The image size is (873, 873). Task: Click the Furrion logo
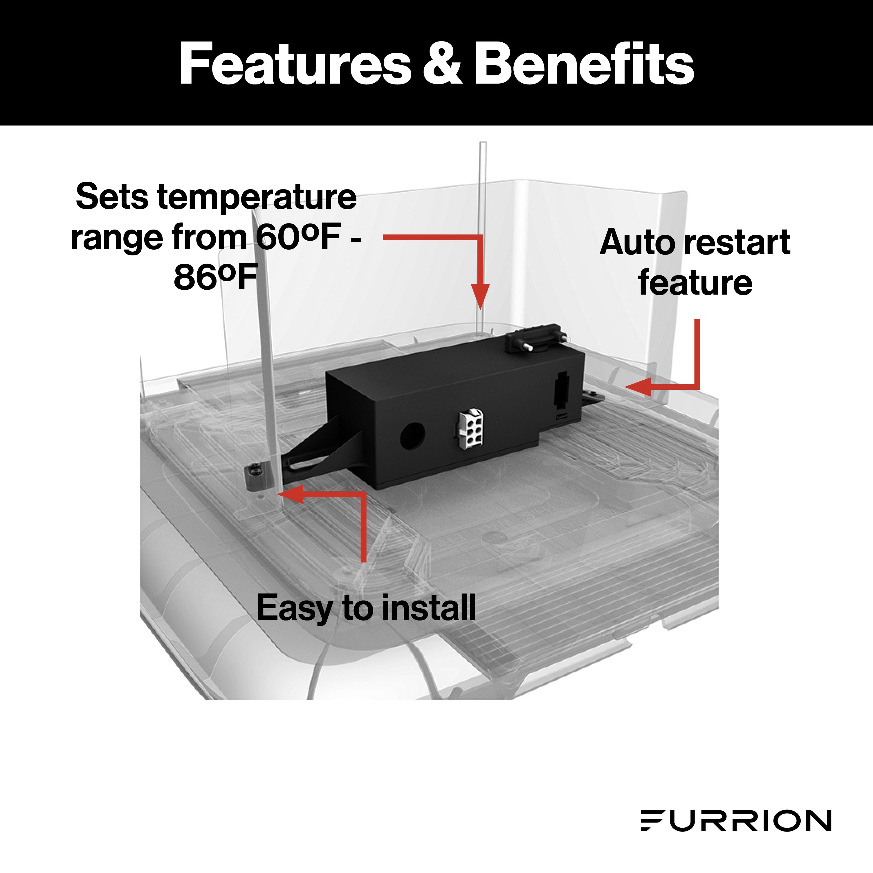(736, 820)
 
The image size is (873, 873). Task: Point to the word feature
(695, 283)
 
